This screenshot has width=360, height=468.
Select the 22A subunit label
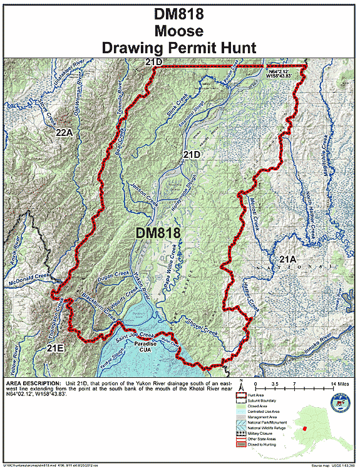pyautogui.click(x=64, y=133)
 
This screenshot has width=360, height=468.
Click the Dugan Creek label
pyautogui.click(x=113, y=273)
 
